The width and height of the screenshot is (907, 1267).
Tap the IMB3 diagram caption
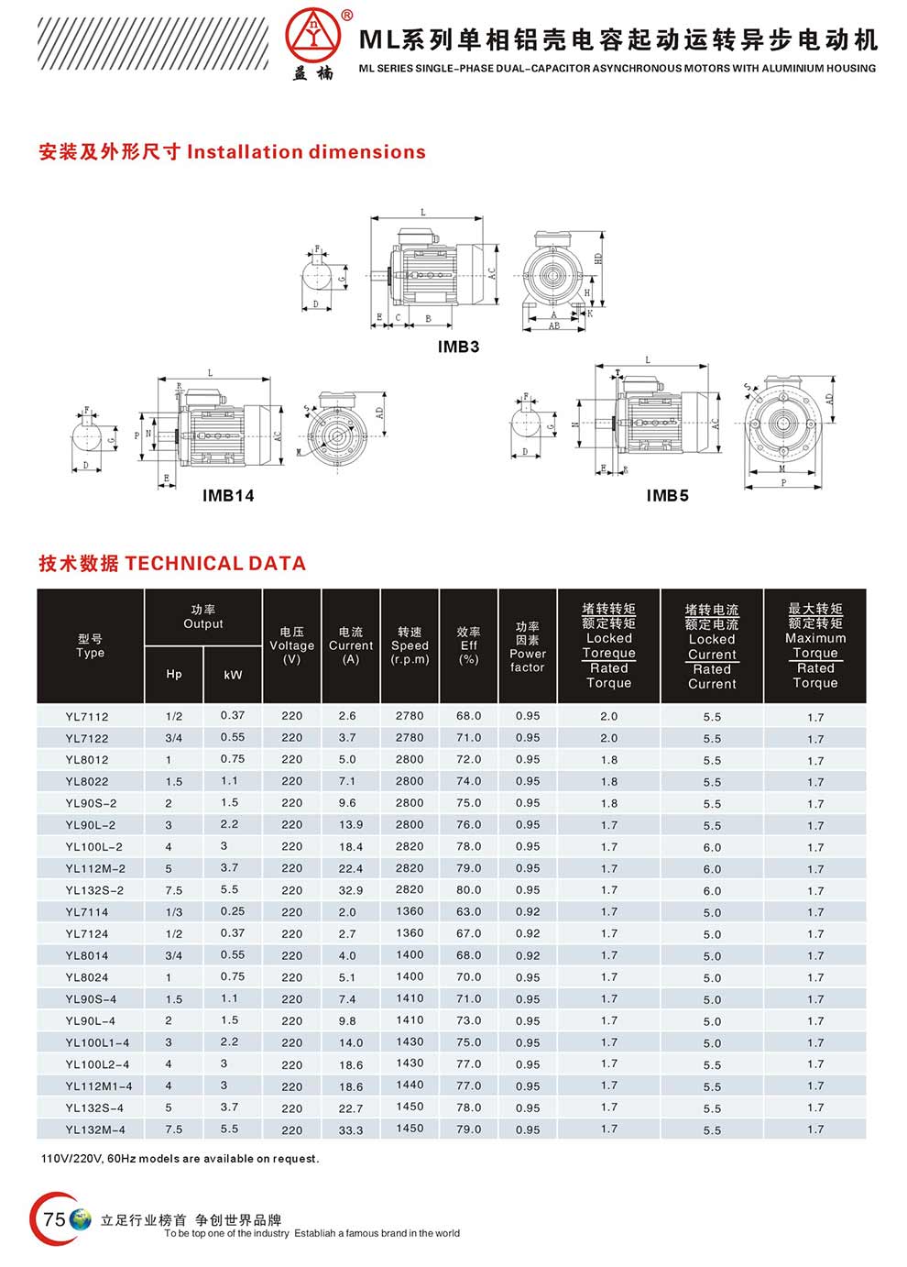[x=458, y=347]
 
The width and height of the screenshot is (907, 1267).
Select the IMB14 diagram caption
[x=228, y=496]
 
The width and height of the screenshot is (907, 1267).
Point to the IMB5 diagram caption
[x=667, y=496]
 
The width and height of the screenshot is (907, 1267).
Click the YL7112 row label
[x=87, y=716]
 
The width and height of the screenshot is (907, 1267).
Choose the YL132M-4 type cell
[x=95, y=1129]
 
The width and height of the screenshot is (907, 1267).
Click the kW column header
[x=233, y=675]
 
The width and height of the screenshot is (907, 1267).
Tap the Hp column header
[x=174, y=674]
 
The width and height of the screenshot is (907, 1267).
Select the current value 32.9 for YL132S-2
[x=350, y=890]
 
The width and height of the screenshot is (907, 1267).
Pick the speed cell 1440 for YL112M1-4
[x=410, y=1085]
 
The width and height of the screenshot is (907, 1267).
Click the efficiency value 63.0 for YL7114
[x=468, y=912]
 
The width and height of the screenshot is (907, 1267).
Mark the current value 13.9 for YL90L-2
[x=350, y=825]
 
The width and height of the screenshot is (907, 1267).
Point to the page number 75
[x=54, y=1218]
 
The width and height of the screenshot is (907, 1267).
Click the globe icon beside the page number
[x=82, y=1219]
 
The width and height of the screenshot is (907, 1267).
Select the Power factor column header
[x=527, y=647]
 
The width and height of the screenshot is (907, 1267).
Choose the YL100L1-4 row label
[x=97, y=1042]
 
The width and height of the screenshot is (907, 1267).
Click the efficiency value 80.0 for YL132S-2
[x=468, y=890]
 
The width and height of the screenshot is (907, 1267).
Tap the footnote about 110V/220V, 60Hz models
[x=180, y=1159]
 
